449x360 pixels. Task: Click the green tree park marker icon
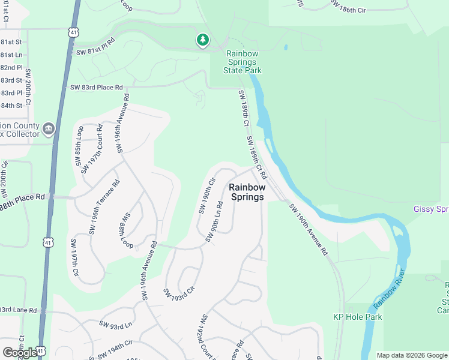pyautogui.click(x=203, y=40)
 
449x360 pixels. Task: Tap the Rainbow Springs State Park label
pyautogui.click(x=243, y=62)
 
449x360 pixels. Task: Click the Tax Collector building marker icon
pyautogui.click(x=49, y=128)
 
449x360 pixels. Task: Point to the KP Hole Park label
pyautogui.click(x=357, y=317)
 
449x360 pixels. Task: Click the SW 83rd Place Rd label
pyautogui.click(x=96, y=88)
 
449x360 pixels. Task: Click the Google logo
pyautogui.click(x=19, y=352)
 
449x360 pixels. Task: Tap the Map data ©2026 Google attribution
pyautogui.click(x=411, y=355)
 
